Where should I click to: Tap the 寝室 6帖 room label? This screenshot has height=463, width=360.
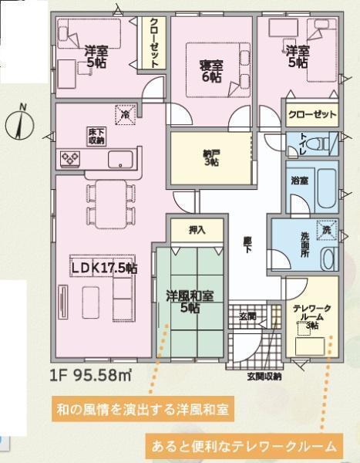click(211, 71)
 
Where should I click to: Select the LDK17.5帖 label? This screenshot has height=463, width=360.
click(105, 268)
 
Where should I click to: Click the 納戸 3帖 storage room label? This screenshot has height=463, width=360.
click(211, 158)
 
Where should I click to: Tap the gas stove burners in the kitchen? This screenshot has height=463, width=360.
click(70, 159)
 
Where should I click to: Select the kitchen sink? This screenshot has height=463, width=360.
click(120, 160)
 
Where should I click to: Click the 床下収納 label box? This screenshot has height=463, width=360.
click(96, 137)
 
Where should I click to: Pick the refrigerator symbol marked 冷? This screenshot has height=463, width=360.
click(126, 114)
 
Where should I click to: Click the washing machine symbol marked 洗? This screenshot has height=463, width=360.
click(327, 230)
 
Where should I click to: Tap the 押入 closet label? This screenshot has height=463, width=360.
click(197, 230)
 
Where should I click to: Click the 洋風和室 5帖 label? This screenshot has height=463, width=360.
click(190, 302)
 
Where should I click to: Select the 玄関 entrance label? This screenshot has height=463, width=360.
click(247, 316)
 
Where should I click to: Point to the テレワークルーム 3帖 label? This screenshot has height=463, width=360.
click(312, 317)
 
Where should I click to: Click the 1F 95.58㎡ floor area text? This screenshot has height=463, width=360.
click(91, 376)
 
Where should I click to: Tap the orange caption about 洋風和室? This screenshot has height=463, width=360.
click(143, 410)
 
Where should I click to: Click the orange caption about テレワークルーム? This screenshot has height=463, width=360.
click(244, 445)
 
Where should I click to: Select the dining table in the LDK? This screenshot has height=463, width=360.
click(111, 204)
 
